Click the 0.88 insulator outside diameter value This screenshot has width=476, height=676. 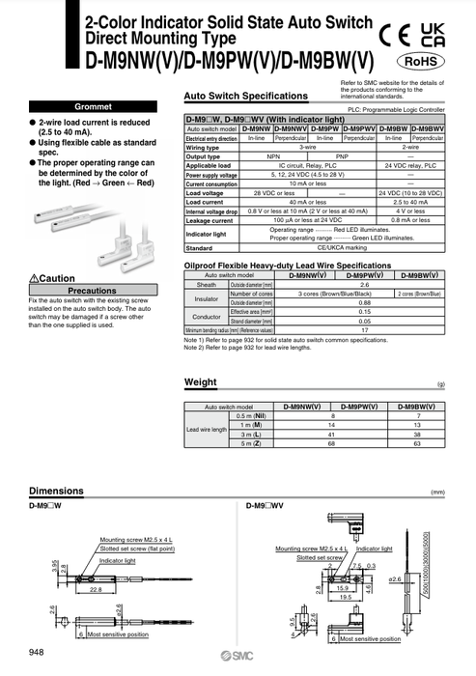pos(364,304)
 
